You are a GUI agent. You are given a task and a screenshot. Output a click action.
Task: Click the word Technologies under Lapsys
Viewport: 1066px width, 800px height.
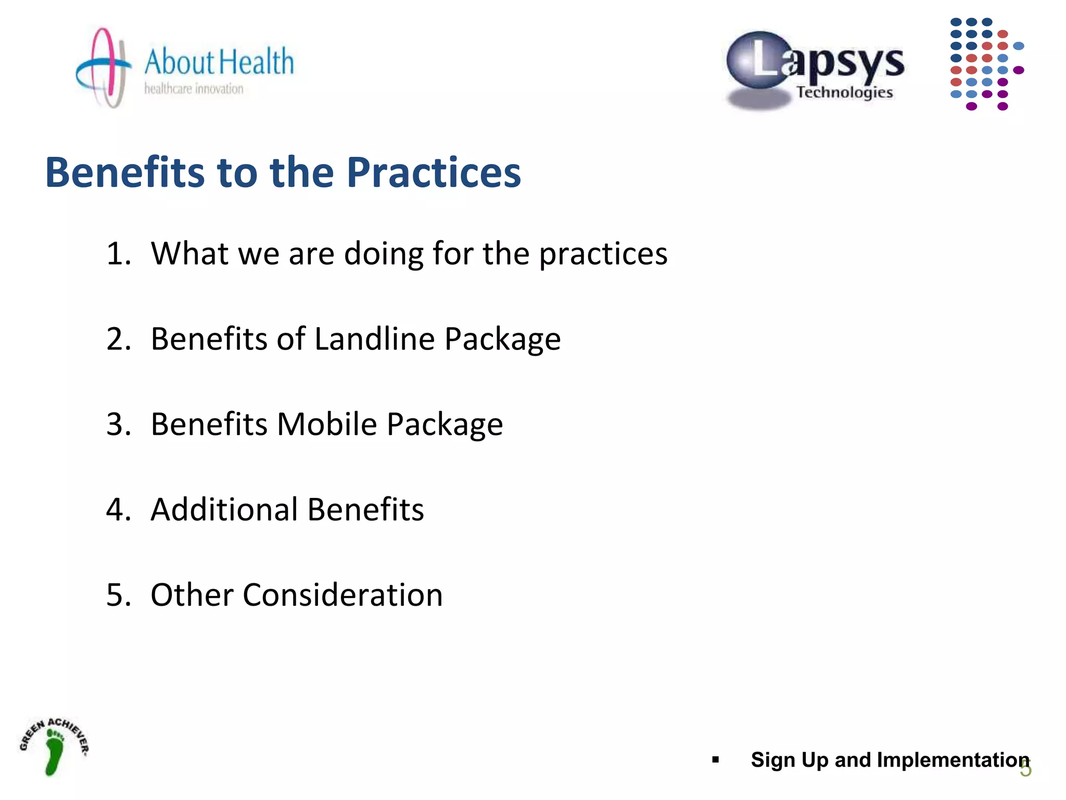click(844, 92)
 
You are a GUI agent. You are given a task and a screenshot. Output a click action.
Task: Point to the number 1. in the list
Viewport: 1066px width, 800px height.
click(119, 254)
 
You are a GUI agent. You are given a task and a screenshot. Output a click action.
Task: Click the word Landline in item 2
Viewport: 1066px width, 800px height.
click(374, 339)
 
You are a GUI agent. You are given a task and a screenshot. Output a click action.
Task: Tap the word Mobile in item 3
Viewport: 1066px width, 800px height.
click(326, 424)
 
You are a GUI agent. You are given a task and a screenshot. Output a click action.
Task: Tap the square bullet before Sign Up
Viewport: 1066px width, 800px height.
click(715, 760)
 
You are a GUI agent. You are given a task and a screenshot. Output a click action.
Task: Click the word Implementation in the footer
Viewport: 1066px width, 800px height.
click(953, 760)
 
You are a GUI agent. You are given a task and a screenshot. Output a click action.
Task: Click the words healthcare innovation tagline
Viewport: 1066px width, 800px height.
click(194, 89)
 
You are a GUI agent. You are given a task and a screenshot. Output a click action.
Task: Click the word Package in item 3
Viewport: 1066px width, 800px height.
click(445, 424)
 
